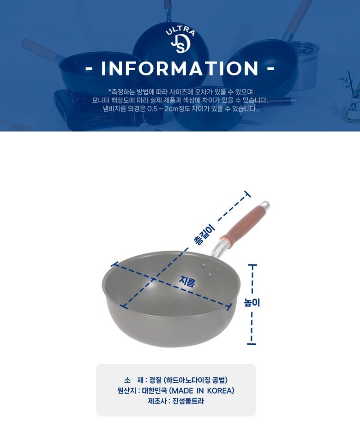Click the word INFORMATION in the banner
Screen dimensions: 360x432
[x=180, y=68]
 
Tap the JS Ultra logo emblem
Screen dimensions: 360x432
[x=180, y=41]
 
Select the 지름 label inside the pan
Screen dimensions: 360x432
[x=187, y=282]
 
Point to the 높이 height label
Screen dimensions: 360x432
[x=252, y=302]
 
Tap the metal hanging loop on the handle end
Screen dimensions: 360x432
[x=265, y=204]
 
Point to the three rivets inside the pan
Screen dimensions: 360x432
[x=209, y=270]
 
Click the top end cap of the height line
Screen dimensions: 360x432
[x=252, y=265]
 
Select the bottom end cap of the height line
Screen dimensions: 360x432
[x=251, y=344]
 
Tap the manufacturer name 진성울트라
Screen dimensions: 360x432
[x=188, y=401]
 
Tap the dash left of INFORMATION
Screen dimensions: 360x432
[x=89, y=69]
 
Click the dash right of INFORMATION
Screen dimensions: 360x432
[x=271, y=68]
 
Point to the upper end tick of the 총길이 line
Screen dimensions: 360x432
[x=247, y=194]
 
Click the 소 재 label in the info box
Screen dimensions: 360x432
[x=134, y=380]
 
